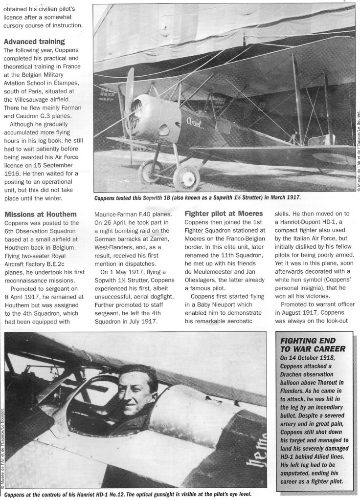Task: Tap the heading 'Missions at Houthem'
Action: (40, 214)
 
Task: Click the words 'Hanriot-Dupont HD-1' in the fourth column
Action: (310, 233)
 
